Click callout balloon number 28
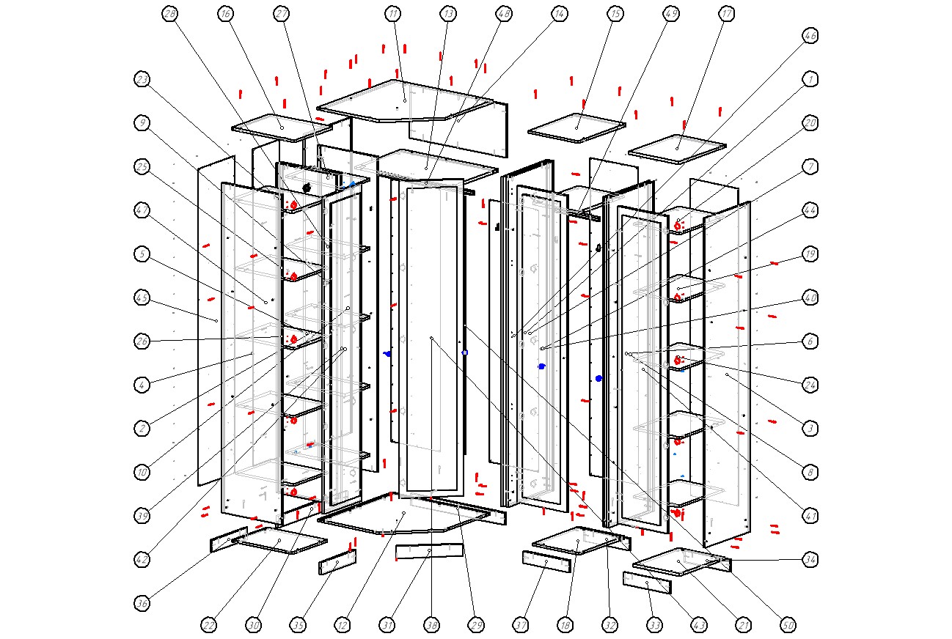click(x=170, y=14)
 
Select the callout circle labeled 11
click(x=393, y=14)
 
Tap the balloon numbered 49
click(x=670, y=14)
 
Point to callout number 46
click(x=810, y=35)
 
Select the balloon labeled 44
click(x=810, y=210)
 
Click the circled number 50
click(x=788, y=625)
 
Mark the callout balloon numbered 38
click(x=431, y=625)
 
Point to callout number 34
click(x=810, y=560)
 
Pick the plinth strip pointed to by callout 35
click(x=337, y=562)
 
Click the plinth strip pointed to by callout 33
click(x=647, y=583)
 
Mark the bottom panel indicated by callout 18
click(x=579, y=542)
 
